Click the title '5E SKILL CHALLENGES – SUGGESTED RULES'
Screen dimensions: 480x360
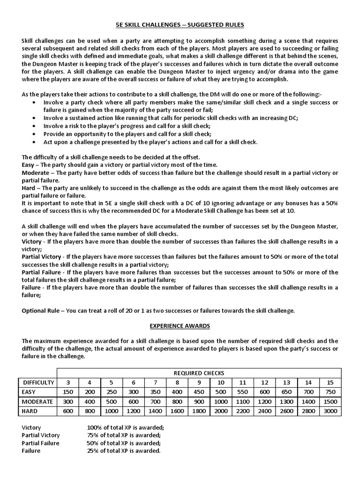pos(180,24)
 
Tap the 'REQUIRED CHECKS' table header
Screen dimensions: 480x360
pos(199,373)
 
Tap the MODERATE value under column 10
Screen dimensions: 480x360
pos(221,402)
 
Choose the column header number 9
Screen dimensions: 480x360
pos(199,382)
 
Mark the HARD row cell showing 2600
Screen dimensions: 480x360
pos(286,411)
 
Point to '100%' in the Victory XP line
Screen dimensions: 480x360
pos(95,427)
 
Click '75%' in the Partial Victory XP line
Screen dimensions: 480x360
pos(94,435)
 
